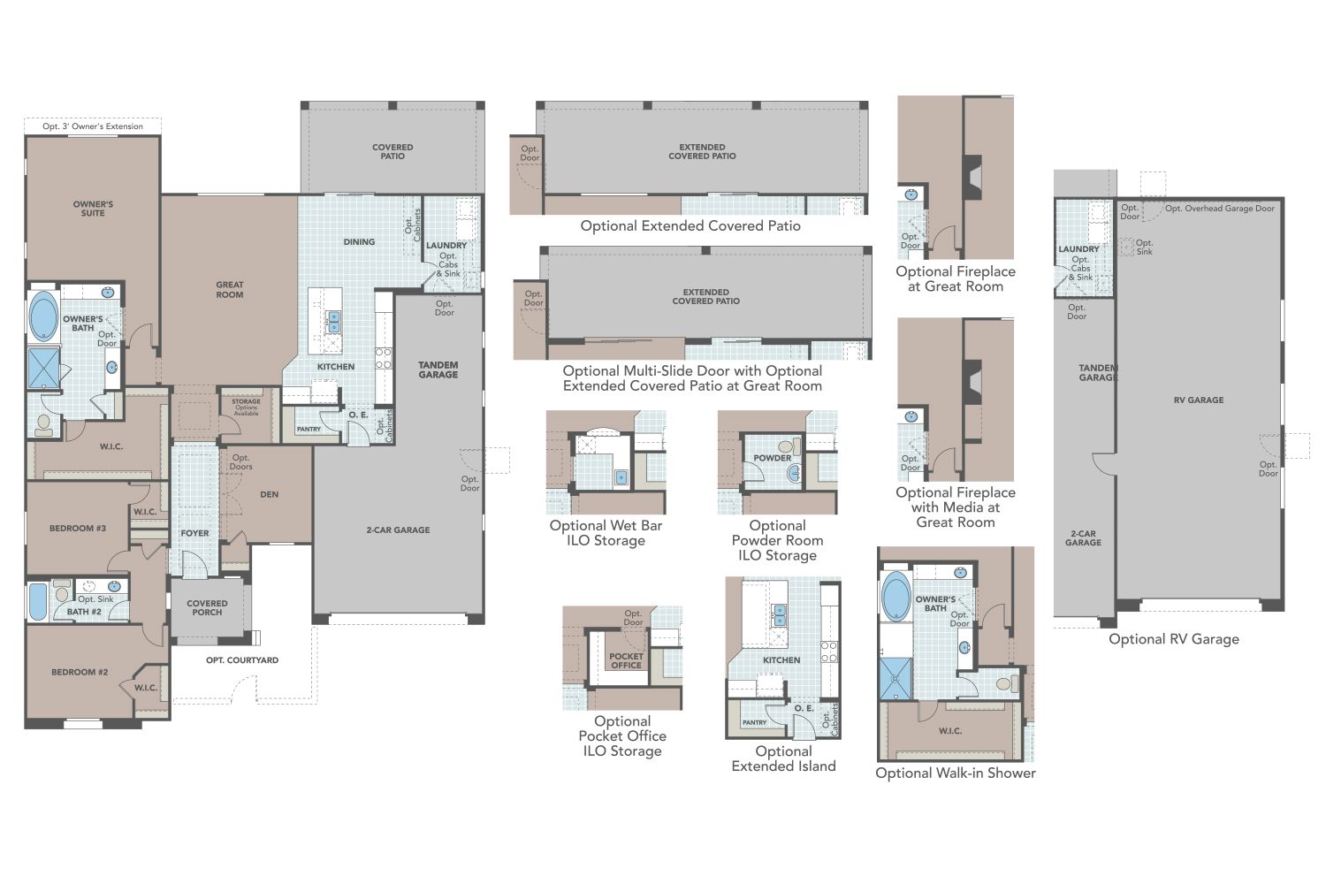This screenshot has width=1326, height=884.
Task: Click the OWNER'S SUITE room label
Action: pos(93,209)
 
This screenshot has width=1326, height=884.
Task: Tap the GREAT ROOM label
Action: pos(230,290)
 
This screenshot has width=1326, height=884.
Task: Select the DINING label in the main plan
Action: pos(359,241)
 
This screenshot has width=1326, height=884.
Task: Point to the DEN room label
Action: pos(270,494)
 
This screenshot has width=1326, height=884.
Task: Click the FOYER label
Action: pos(194,533)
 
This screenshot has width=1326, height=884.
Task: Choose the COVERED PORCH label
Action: pos(207,608)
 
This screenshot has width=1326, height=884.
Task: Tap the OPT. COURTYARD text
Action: pos(242,660)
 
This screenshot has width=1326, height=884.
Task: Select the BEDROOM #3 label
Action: pos(78,528)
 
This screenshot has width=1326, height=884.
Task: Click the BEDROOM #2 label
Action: pos(80,672)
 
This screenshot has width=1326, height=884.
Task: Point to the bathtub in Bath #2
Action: pos(38,601)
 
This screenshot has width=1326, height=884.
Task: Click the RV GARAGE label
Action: pos(1199,400)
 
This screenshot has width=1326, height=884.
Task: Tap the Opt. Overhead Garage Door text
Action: pos(1220,209)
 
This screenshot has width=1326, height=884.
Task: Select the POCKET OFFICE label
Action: pos(626,661)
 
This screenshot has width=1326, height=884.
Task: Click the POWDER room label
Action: pos(773,458)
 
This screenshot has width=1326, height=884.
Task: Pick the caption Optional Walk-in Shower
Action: pos(956,773)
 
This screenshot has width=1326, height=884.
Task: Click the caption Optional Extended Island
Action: pos(783,758)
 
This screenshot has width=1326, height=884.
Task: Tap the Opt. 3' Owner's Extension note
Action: pos(93,126)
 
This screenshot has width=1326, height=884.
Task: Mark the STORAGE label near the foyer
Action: pos(246,401)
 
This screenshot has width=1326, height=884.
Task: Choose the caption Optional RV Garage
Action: pos(1174,639)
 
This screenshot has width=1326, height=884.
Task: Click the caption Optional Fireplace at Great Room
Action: pos(956,278)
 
